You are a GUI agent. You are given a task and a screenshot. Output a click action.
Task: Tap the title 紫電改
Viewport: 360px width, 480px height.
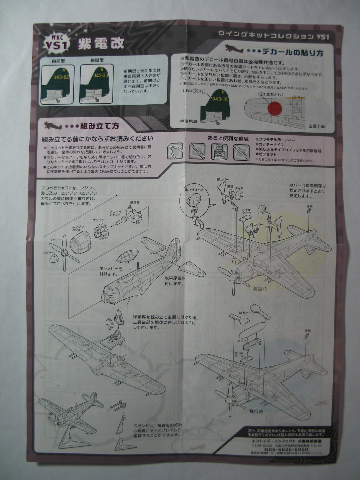[x=101, y=43]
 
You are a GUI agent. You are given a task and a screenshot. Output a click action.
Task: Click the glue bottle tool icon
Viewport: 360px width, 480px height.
[x=219, y=151]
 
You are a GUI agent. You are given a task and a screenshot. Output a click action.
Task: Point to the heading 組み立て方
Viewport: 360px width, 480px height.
[x=99, y=126]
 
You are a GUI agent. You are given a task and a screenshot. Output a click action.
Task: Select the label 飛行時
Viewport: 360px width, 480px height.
[x=256, y=412]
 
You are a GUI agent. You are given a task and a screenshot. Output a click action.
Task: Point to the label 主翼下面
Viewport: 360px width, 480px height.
[x=316, y=126]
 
